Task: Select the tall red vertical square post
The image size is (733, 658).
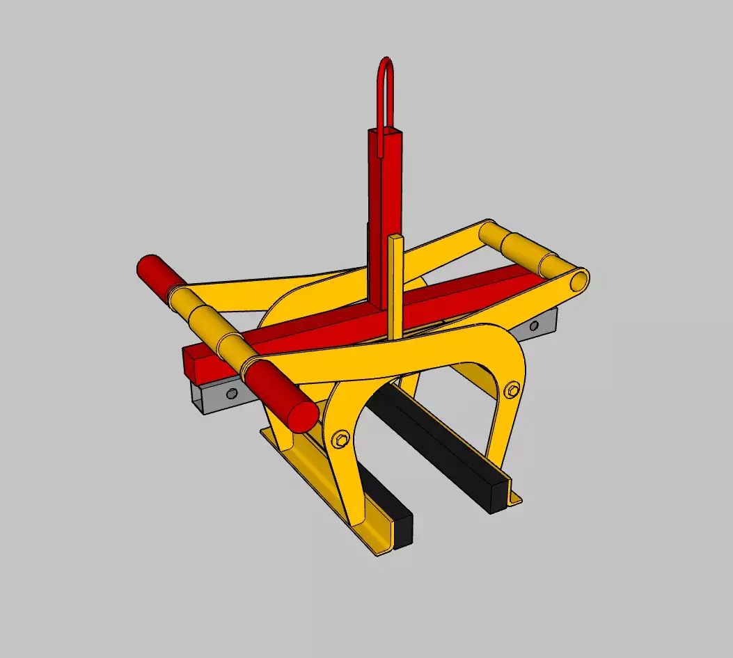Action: point(379,209)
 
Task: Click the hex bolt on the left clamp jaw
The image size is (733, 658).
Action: point(340,439)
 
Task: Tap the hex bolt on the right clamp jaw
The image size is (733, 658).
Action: point(514,390)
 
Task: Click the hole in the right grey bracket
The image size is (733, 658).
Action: point(534,326)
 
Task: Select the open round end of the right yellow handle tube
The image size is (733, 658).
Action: point(578,280)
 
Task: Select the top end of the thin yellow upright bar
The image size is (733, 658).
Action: point(396,239)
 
